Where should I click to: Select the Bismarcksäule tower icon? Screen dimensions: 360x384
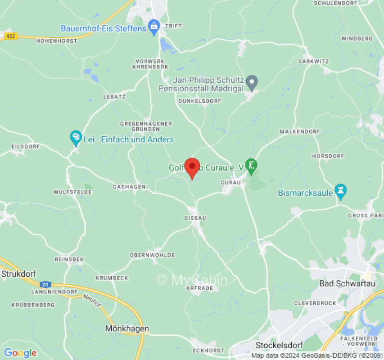point(340,192)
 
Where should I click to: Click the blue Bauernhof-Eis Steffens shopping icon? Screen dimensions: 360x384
point(154,27)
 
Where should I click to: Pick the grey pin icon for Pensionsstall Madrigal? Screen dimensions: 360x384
point(252,83)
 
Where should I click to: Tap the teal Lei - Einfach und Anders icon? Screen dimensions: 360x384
point(76,138)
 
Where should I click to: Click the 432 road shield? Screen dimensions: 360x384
point(10,36)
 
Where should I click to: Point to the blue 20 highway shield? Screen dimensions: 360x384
point(45,284)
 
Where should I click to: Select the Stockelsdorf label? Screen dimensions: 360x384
point(278,345)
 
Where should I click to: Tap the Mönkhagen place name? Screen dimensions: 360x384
point(127,329)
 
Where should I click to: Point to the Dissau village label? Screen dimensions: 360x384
point(195,218)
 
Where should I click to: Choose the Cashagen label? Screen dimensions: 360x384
point(129,187)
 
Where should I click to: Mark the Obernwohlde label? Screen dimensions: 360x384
point(152,255)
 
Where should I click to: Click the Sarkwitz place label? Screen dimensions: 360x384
point(314,61)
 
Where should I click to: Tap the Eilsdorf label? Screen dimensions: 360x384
point(26,147)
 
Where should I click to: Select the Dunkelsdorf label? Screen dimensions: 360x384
point(200,101)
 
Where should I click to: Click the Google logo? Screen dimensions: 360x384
point(20,353)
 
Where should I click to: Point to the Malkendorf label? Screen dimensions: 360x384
point(300,131)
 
